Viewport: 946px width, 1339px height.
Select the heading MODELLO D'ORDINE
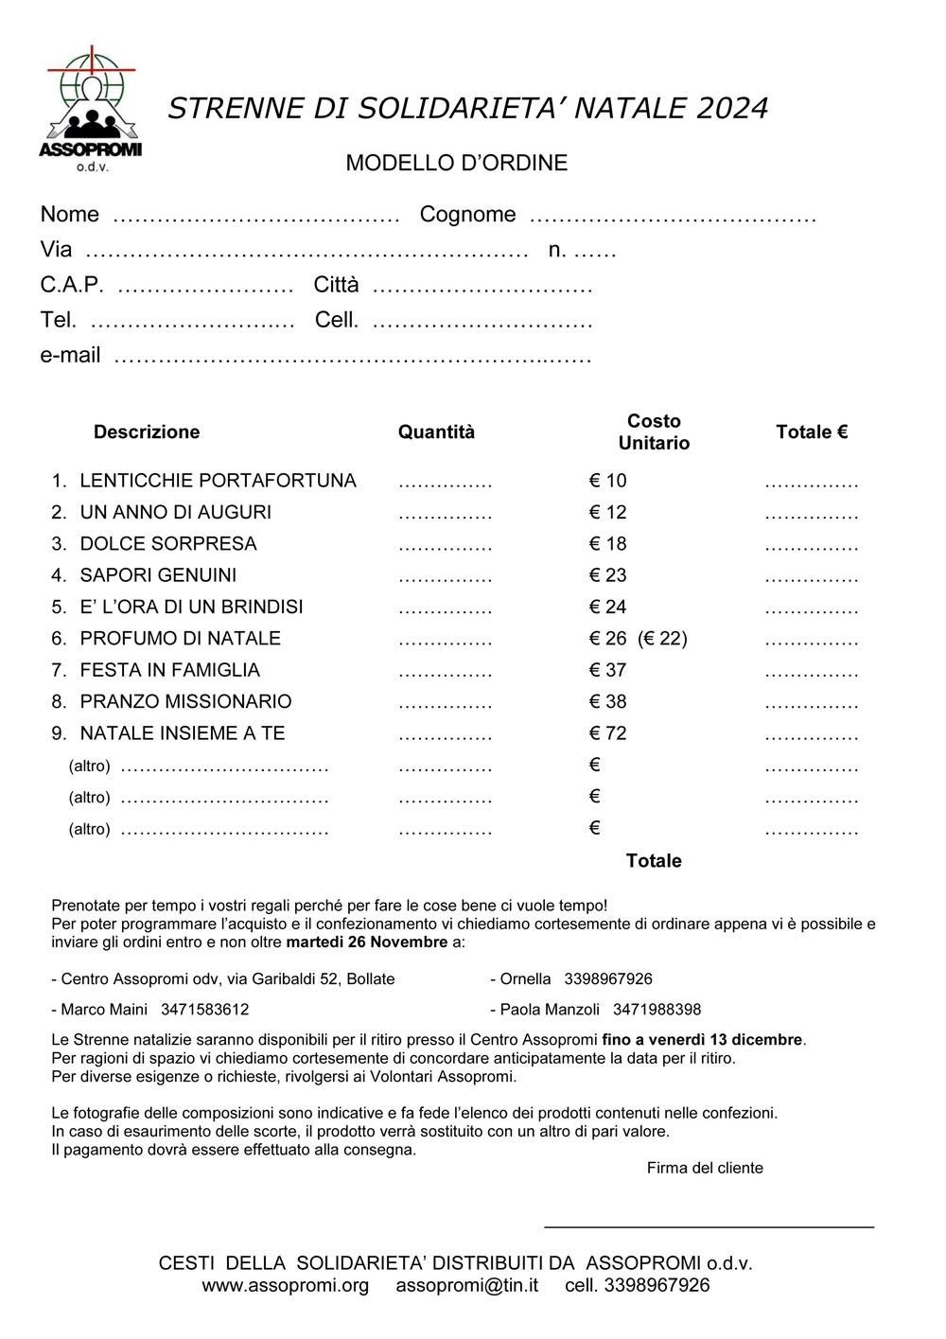456,163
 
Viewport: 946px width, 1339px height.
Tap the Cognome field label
467,215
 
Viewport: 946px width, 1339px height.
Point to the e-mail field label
70,356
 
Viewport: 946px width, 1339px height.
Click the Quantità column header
436,432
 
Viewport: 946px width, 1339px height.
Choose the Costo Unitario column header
654,432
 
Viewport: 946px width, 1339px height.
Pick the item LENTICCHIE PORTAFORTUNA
218,481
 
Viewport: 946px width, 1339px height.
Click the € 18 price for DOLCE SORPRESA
607,544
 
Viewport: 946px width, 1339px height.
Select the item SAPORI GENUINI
158,575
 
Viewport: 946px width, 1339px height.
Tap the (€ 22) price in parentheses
662,639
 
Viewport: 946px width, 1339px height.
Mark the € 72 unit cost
607,733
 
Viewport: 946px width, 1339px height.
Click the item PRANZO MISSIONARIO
185,702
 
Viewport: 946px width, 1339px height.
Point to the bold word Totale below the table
654,861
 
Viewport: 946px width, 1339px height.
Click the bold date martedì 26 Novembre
367,943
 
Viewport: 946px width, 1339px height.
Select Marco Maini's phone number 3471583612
204,1010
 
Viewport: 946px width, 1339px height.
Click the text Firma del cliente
705,1169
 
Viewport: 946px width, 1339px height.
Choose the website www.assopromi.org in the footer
285,1286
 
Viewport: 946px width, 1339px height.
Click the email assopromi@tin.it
467,1286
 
